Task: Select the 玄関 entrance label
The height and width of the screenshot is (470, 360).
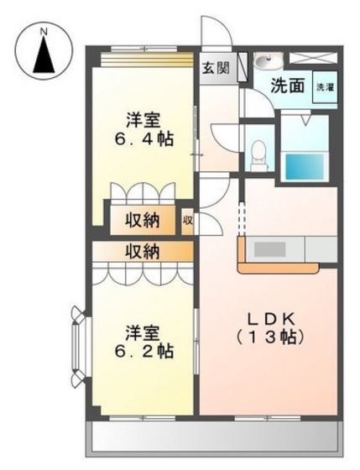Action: [216, 69]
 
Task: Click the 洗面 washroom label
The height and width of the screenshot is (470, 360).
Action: [286, 85]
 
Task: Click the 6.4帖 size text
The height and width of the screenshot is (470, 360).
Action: [144, 139]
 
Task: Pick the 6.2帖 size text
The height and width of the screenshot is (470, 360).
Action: [144, 351]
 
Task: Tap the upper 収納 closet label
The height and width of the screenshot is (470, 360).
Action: [143, 221]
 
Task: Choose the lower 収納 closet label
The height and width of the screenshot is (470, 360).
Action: [143, 251]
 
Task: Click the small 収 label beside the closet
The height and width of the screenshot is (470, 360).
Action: [189, 222]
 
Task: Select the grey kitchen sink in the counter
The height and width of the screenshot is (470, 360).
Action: [270, 249]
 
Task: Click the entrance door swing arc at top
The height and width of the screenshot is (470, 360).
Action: [218, 39]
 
